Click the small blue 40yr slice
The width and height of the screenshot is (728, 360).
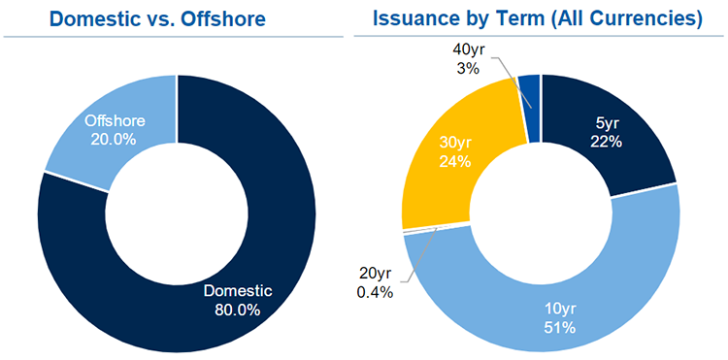click(528, 89)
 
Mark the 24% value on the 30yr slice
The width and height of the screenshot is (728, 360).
click(453, 161)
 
